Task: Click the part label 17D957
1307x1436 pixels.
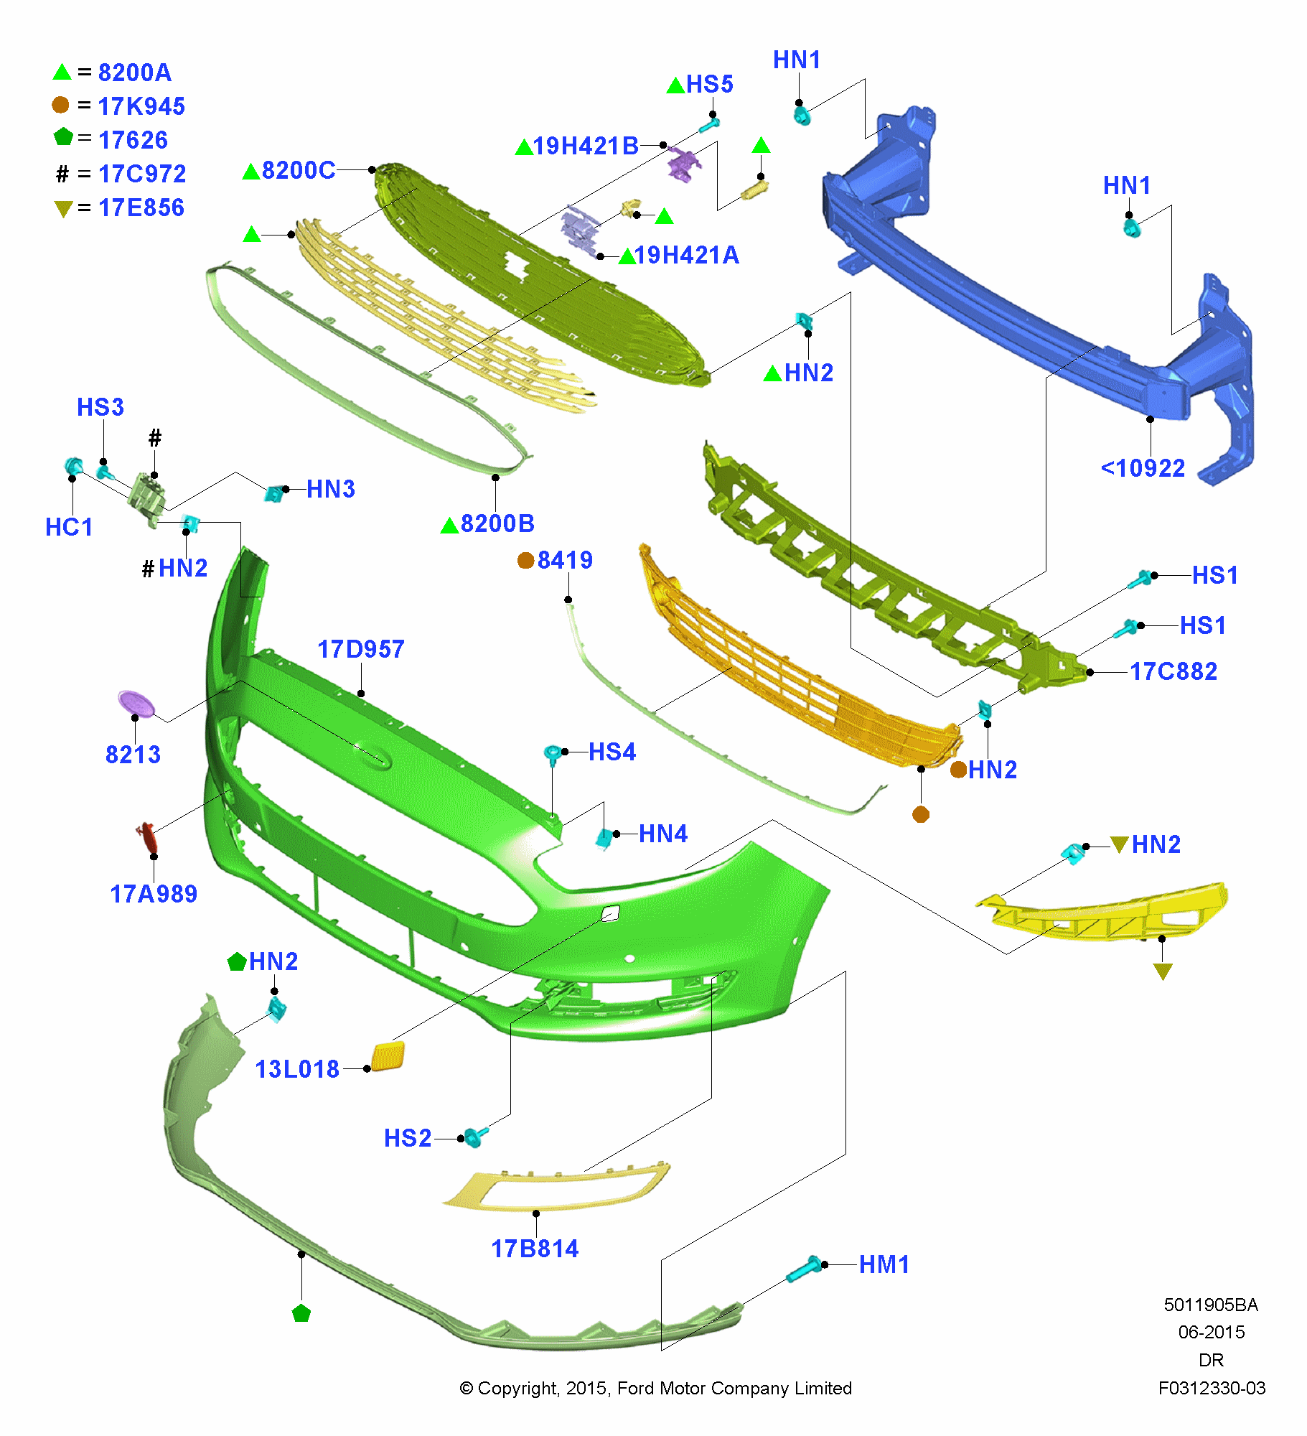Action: coord(360,649)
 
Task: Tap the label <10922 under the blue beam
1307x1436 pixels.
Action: coord(1143,468)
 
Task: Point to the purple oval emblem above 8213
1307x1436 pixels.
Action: coord(136,704)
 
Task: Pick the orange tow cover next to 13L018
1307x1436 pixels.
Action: coord(388,1057)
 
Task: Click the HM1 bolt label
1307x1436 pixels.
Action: coord(884,1264)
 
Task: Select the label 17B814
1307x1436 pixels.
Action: coord(535,1249)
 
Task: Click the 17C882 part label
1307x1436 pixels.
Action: coord(1174,671)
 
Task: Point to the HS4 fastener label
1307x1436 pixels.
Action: coord(612,752)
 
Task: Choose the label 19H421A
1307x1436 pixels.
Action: coord(686,255)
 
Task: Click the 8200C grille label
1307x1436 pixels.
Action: coord(299,170)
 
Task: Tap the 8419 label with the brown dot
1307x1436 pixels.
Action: coord(565,560)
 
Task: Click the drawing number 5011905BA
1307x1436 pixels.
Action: coord(1211,1305)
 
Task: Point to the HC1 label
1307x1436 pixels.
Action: coord(69,527)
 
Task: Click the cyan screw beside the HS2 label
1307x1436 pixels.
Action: coord(474,1137)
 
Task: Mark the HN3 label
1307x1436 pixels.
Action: coord(331,489)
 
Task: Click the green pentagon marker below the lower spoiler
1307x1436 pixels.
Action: coord(301,1313)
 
